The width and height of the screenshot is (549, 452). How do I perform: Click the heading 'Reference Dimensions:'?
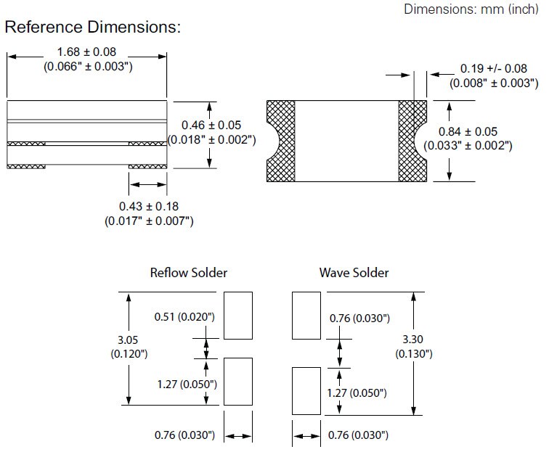(92, 28)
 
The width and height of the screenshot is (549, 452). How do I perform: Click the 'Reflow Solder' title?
(188, 273)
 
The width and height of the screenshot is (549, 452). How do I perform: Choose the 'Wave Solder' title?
(354, 273)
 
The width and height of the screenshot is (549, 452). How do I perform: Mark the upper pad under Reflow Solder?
(238, 316)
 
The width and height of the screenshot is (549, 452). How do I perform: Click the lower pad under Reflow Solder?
(238, 381)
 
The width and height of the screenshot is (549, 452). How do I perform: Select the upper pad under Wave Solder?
(306, 316)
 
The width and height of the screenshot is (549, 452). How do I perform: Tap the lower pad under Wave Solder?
(306, 390)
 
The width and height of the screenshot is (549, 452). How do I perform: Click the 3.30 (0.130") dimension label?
(414, 347)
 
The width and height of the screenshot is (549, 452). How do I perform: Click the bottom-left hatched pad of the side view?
(26, 167)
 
